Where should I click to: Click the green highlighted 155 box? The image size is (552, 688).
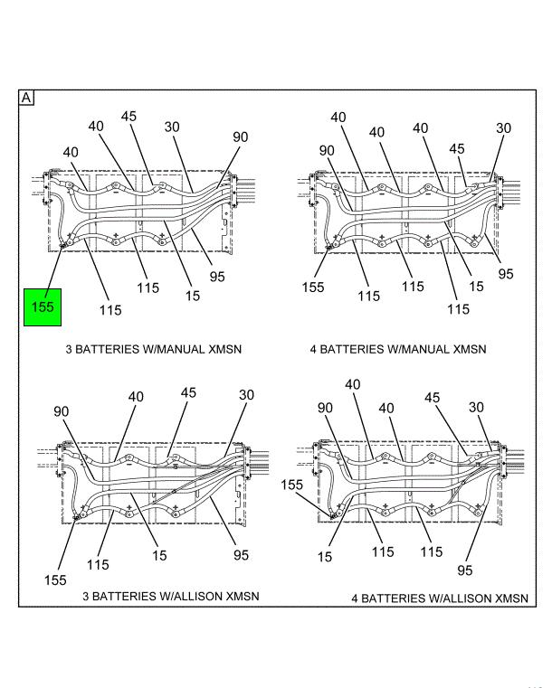tap(43, 306)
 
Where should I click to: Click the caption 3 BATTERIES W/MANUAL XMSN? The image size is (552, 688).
tap(153, 349)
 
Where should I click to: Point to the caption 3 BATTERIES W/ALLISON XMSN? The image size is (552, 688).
tap(171, 596)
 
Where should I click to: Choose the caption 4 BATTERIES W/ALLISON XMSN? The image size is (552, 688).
tap(440, 598)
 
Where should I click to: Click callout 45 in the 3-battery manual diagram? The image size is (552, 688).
tap(129, 116)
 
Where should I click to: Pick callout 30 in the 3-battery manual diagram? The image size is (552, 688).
tap(172, 127)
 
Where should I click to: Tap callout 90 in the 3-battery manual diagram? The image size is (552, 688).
tap(240, 137)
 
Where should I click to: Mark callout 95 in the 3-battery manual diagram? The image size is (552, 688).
tap(217, 277)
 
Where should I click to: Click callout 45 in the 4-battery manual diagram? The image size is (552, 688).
tap(457, 149)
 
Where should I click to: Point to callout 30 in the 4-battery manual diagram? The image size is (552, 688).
tap(503, 128)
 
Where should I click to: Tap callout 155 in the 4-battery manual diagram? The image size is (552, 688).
tap(312, 287)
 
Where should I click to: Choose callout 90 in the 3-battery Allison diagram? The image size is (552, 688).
tap(62, 412)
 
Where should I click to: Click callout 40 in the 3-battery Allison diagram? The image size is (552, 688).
tap(136, 396)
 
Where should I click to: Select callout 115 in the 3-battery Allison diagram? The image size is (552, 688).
tap(98, 565)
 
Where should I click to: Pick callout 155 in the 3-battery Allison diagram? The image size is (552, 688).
tap(56, 580)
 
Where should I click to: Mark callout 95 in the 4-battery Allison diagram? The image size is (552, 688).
tap(465, 570)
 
